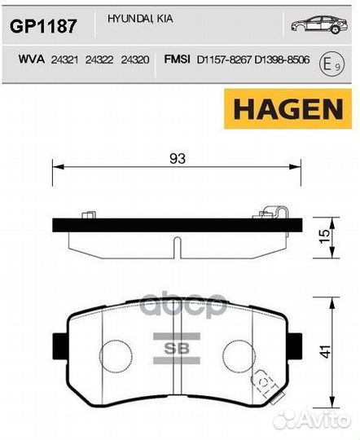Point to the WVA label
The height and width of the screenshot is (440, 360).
pyautogui.click(x=30, y=59)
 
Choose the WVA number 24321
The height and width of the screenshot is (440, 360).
pyautogui.click(x=65, y=59)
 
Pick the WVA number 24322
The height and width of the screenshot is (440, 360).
pyautogui.click(x=100, y=59)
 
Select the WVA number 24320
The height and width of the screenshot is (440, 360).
pyautogui.click(x=135, y=59)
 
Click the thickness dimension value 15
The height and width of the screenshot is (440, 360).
pyautogui.click(x=325, y=236)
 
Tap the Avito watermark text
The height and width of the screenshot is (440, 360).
pyautogui.click(x=317, y=419)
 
